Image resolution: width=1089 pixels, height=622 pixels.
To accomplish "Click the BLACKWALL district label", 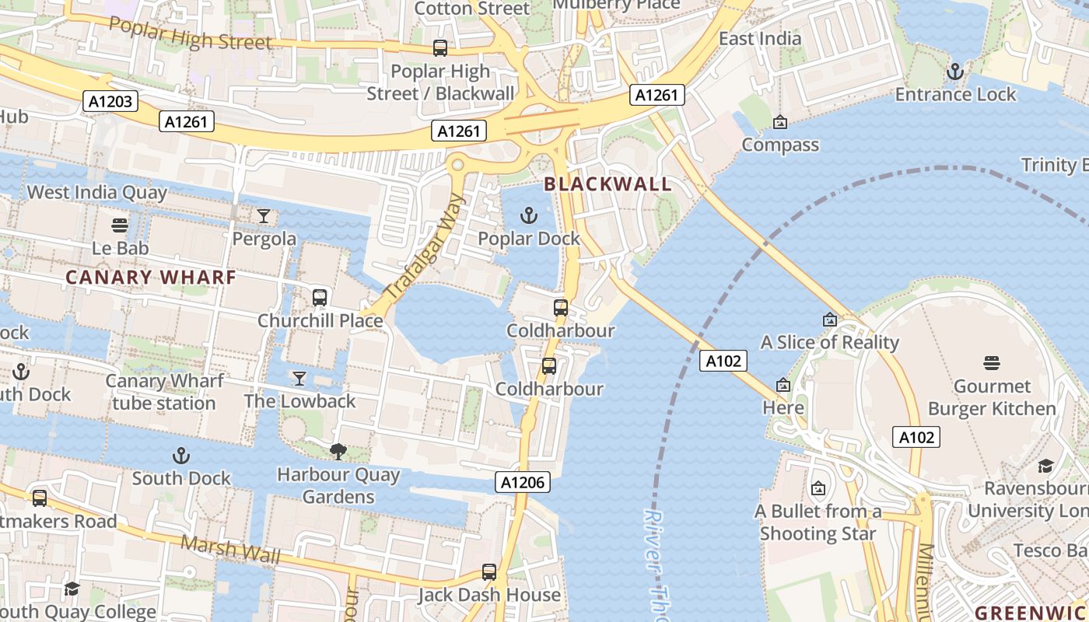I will [x=608, y=184].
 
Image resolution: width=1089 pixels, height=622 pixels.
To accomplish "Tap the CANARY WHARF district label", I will [x=151, y=278].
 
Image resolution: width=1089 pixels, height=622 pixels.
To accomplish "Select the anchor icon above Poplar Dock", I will [x=529, y=215].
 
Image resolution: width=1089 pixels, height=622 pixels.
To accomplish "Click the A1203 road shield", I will [x=110, y=100].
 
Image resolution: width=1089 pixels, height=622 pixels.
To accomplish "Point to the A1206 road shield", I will [x=523, y=482].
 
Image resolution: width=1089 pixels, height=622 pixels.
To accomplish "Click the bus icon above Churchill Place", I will [x=320, y=298].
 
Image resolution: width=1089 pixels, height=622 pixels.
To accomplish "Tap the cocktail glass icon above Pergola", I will [x=264, y=216].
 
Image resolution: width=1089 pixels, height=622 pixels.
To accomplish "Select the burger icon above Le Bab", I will [x=120, y=225].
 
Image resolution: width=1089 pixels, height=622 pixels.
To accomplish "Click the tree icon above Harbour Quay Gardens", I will [x=338, y=452].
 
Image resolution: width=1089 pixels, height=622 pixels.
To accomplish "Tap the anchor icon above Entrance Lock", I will [x=954, y=72].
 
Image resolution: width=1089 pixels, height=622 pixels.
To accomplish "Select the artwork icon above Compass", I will [x=780, y=122].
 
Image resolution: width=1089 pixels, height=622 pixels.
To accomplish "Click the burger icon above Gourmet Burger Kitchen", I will [x=991, y=363].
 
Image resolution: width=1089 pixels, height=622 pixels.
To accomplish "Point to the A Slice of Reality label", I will [x=829, y=342].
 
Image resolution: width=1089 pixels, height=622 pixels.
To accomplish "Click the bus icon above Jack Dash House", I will [x=489, y=572].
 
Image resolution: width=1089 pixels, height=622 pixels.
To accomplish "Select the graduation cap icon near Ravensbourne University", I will [x=1045, y=466].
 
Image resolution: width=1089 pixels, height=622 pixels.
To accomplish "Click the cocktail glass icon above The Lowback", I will [x=299, y=379].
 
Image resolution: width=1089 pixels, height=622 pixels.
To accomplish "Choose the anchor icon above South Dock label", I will [x=181, y=456].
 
